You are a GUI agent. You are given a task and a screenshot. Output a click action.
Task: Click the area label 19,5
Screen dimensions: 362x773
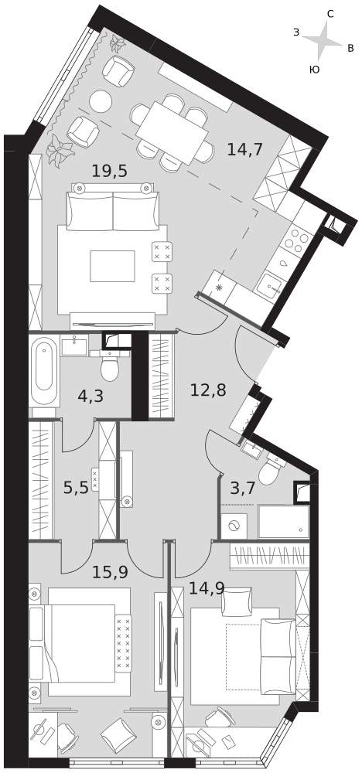tap(110, 171)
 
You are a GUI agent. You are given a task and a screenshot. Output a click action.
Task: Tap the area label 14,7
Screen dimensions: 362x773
tap(244, 149)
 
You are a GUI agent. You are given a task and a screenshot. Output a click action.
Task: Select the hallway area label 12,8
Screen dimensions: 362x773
tap(208, 390)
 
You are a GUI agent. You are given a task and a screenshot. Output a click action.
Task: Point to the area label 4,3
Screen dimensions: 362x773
tap(90, 396)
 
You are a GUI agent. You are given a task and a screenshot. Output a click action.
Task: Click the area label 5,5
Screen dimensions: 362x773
tap(76, 488)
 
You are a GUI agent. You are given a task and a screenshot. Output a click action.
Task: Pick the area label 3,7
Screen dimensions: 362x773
tap(243, 489)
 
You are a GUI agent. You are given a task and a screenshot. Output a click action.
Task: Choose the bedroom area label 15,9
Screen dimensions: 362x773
tap(111, 572)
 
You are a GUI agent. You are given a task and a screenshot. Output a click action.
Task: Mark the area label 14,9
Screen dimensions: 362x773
tap(207, 588)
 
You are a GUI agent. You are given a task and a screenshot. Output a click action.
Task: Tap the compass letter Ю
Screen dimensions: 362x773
tap(314, 70)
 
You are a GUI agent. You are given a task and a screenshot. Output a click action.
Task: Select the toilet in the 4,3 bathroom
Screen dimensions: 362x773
tap(110, 365)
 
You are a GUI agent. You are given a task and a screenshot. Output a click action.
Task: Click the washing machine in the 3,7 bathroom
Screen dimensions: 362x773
tap(234, 526)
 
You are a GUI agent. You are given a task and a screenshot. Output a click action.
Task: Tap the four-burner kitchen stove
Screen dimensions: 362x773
tap(297, 241)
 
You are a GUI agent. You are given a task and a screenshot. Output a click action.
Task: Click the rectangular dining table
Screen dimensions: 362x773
tap(171, 133)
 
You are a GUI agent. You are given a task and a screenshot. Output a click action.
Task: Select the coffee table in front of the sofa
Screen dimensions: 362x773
tap(112, 266)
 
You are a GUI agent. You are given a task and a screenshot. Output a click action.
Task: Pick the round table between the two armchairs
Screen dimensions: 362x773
tap(101, 101)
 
